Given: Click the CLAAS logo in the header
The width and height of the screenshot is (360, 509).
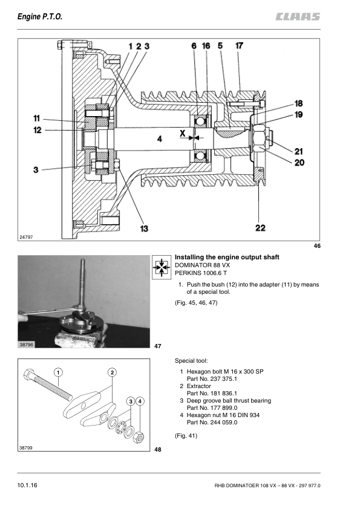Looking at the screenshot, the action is point(298,16).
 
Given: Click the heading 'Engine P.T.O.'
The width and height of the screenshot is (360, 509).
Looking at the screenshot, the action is point(40,16).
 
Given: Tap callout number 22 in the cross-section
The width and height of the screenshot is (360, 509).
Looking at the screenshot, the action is point(260,228).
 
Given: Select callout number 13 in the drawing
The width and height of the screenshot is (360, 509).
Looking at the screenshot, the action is point(144,229).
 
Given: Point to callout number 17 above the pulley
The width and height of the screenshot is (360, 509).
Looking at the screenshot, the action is point(239,46).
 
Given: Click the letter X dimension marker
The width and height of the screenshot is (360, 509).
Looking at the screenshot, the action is point(183,133).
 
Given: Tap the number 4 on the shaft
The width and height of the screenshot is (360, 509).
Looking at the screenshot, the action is point(160,139).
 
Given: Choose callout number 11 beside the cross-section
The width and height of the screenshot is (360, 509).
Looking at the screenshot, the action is point(36,118).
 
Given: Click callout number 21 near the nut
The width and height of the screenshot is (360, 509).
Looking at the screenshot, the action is point(299,151).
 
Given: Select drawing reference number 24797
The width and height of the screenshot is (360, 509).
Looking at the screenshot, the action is point(26,237).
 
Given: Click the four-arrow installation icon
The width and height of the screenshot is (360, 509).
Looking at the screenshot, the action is point(162,267).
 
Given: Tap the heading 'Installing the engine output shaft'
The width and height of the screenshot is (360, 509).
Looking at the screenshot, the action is point(227,257).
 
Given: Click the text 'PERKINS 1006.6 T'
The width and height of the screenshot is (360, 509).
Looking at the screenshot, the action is point(201,273).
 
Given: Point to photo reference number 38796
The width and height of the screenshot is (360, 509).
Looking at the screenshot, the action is point(26,345).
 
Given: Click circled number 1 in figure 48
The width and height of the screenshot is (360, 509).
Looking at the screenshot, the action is point(58,372).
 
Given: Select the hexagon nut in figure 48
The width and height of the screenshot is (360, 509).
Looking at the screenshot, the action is point(139,438).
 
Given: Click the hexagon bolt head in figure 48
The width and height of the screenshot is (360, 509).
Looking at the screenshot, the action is point(29,375).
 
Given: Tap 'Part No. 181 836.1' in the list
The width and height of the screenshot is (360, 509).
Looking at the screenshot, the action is point(212,394).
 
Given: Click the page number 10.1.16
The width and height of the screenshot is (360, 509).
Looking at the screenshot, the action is point(27,485).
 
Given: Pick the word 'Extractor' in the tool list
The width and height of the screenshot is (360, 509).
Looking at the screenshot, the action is point(199,386).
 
